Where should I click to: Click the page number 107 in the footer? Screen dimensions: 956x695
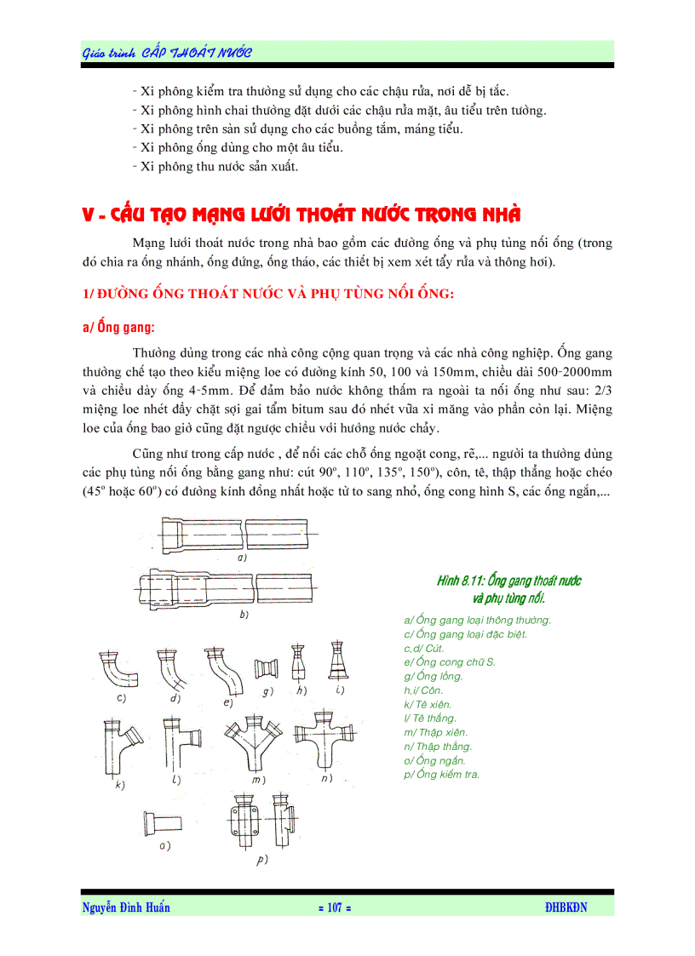334,907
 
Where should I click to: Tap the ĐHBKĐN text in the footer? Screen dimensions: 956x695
566,907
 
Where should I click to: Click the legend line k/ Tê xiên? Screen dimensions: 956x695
428,704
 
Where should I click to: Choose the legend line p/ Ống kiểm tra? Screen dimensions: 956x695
441,774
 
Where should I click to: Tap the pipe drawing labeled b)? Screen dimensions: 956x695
230,587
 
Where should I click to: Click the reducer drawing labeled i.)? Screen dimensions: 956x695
334,661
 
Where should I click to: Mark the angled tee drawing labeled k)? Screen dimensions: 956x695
118,745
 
